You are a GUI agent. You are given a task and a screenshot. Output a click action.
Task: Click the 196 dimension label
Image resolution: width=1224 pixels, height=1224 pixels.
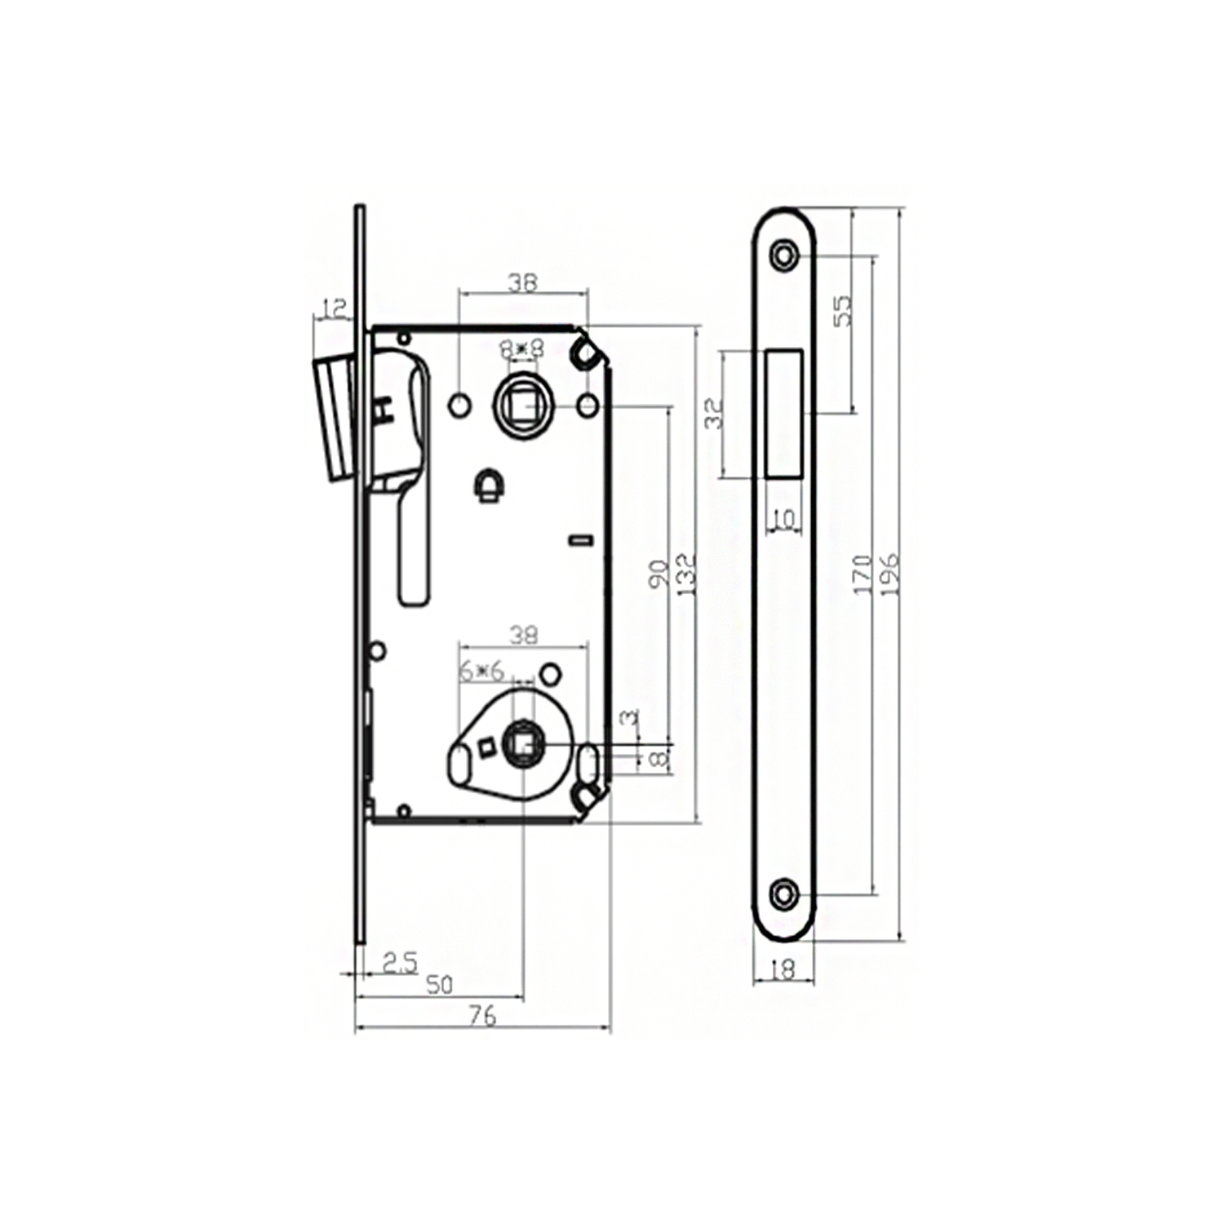pyautogui.click(x=889, y=574)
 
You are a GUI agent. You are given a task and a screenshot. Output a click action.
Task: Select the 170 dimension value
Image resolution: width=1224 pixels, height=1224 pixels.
pyautogui.click(x=863, y=574)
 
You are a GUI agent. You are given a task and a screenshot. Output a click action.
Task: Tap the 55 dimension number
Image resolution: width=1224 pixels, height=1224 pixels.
pyautogui.click(x=842, y=311)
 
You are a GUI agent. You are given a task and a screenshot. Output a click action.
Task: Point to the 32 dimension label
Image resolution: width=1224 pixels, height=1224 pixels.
pyautogui.click(x=714, y=414)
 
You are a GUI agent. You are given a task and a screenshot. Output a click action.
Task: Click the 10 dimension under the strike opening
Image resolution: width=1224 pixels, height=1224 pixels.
pyautogui.click(x=784, y=520)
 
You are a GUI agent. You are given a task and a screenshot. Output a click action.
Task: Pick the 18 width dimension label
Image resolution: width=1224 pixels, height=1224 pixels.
pyautogui.click(x=783, y=969)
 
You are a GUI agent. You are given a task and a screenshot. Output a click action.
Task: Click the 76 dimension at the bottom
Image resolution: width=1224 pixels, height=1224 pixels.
pyautogui.click(x=483, y=1016)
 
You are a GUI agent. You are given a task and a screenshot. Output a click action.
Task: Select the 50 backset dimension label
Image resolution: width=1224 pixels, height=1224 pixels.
pyautogui.click(x=439, y=985)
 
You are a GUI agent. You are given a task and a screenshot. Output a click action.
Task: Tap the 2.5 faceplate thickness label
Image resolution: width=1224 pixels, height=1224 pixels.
pyautogui.click(x=400, y=964)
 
